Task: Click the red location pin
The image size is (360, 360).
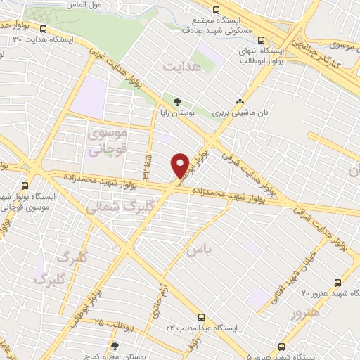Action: click(x=180, y=165)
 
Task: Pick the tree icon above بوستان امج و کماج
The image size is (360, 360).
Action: click(x=115, y=346)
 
